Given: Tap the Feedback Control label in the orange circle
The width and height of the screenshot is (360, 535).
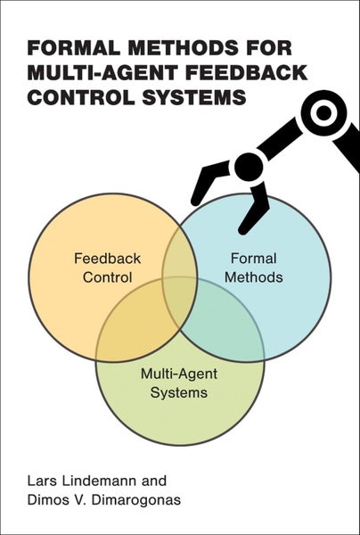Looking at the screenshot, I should pyautogui.click(x=102, y=268).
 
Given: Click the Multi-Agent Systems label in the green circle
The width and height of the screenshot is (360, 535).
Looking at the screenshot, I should pyautogui.click(x=175, y=383).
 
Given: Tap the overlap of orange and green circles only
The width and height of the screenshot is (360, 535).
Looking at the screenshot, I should pyautogui.click(x=134, y=331).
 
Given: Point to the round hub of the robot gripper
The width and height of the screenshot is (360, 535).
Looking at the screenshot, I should pyautogui.click(x=249, y=166).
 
